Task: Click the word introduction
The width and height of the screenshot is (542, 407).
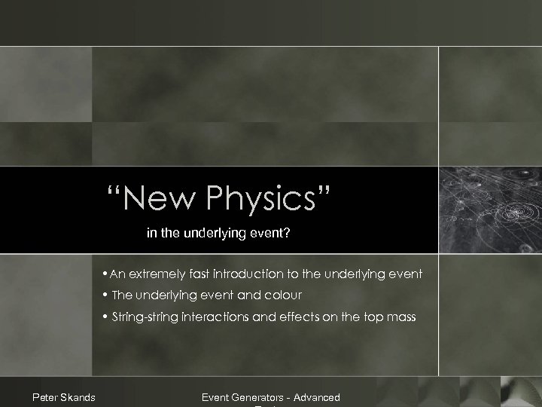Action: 239,274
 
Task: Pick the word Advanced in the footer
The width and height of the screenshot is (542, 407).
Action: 317,397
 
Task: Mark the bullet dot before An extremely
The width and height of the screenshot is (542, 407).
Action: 105,274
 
